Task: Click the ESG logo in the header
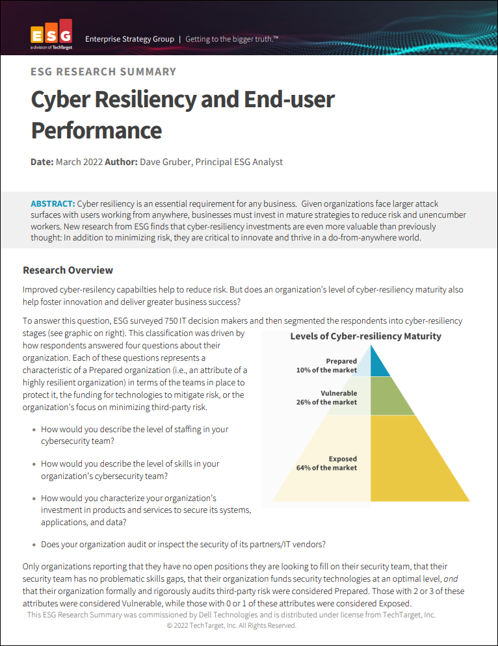coord(51,38)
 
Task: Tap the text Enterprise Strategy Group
coord(129,39)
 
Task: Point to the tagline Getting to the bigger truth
coord(231,39)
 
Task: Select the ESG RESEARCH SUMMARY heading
coord(103,71)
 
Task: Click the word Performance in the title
coord(96,130)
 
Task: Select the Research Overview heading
coord(68,270)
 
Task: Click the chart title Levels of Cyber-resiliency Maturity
coord(365,336)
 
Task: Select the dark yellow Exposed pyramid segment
coord(416,461)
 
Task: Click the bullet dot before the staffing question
coord(34,430)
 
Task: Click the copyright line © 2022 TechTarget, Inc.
coord(231,625)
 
